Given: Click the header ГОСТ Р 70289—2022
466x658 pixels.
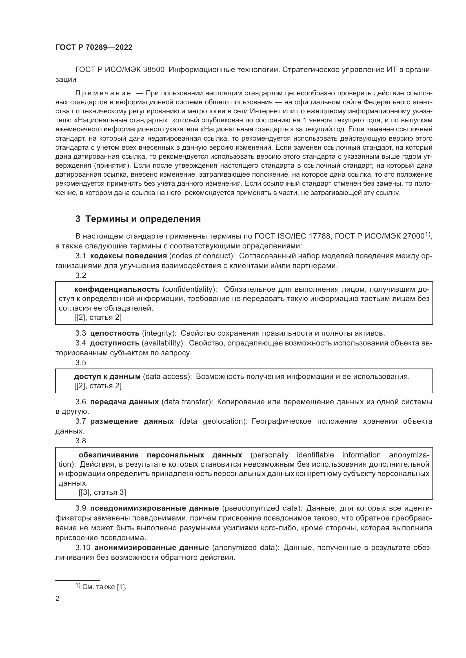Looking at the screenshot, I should click(x=94, y=48).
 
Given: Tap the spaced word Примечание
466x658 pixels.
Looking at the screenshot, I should click(x=103, y=93).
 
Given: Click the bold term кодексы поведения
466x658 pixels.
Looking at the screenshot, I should click(x=128, y=256).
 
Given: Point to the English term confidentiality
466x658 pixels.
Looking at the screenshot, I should click(x=189, y=289).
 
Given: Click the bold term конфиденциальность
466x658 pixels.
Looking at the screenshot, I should click(x=117, y=289).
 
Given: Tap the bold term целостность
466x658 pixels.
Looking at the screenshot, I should click(x=115, y=333).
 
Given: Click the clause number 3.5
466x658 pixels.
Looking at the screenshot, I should click(x=81, y=363).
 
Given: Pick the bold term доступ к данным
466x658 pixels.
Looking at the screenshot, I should click(x=107, y=377).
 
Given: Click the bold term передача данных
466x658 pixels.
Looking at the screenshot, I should click(x=124, y=402).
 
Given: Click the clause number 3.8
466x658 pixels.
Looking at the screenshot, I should click(x=81, y=441).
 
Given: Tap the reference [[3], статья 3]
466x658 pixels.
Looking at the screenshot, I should click(x=103, y=492).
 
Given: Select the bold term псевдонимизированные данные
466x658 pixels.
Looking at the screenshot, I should click(x=154, y=508).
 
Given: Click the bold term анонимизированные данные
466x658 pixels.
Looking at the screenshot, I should click(x=152, y=548).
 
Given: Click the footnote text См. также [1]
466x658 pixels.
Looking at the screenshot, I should click(x=104, y=587).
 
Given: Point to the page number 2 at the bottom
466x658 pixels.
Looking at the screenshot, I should click(x=57, y=598).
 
